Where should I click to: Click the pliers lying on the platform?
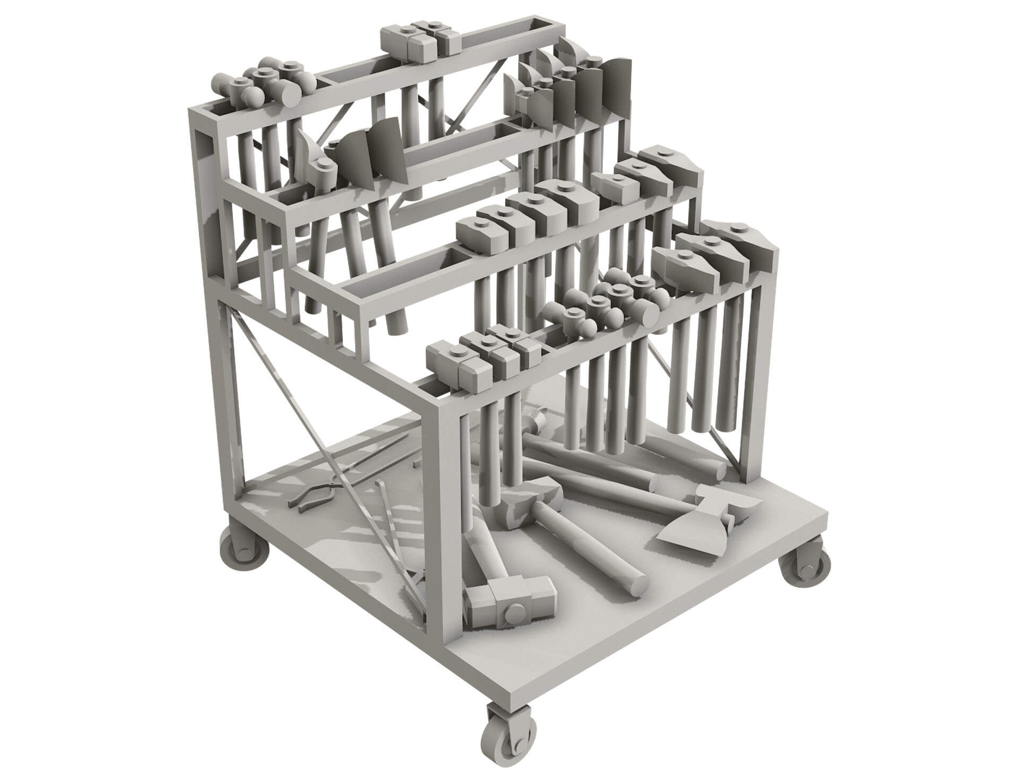pyautogui.click(x=313, y=491)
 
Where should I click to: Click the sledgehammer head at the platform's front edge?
pyautogui.click(x=509, y=603)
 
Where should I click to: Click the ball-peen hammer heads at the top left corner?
pyautogui.click(x=265, y=85)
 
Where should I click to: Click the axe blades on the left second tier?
pyautogui.click(x=366, y=154)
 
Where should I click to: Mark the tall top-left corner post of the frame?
pyautogui.click(x=204, y=212)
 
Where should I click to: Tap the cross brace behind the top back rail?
pyautogui.click(x=478, y=96)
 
